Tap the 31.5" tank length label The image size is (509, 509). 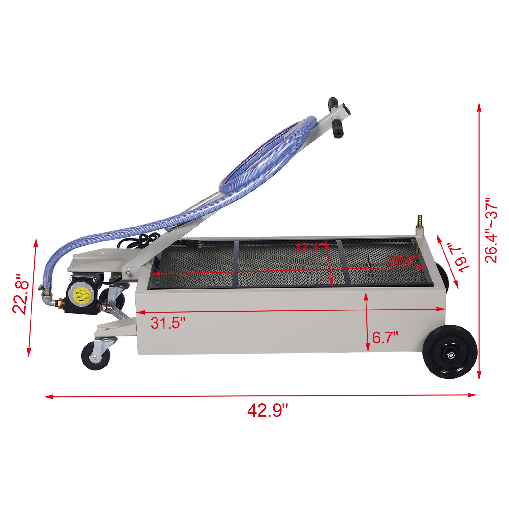pos(168,323)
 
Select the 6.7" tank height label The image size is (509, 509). pos(385,337)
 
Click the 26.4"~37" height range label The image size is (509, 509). pos(491,231)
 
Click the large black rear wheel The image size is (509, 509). pos(451,352)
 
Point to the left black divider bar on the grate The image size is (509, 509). pos(235,263)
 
